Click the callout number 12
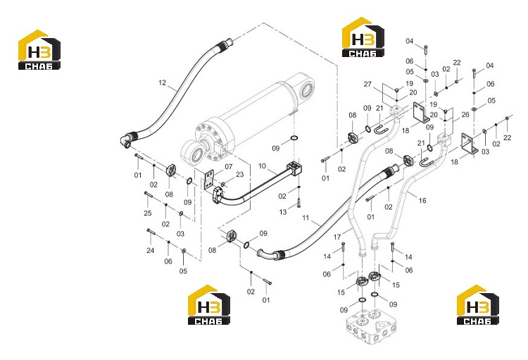pos(163,82)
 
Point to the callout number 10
pos(263,166)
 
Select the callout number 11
pos(306,218)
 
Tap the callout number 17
pos(337,237)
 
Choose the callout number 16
pos(422,201)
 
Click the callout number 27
pos(367,84)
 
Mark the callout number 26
pos(465,115)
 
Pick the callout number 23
pos(239,174)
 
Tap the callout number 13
pos(283,211)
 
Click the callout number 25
pos(148,213)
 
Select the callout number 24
pos(150,250)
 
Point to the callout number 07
pos(229,166)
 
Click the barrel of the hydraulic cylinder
pos(259,108)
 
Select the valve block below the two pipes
pos(370,326)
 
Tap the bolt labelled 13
pos(298,204)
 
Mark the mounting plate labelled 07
pos(208,180)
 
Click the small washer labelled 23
pos(223,184)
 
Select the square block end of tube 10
pos(295,168)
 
